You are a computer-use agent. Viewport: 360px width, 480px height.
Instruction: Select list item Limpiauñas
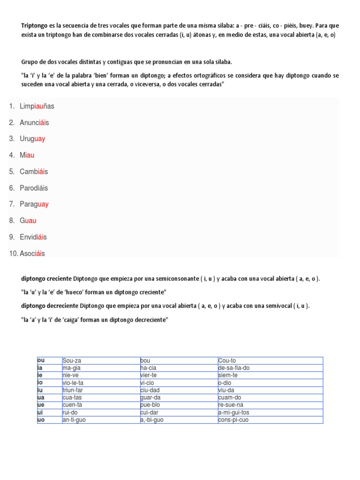pos(37,106)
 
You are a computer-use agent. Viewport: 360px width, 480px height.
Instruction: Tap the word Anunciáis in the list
pos(34,122)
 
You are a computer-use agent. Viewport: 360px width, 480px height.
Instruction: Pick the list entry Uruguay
pos(32,139)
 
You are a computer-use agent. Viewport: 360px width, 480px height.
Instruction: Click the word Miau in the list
pos(27,155)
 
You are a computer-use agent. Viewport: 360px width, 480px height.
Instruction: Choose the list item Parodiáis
pos(34,188)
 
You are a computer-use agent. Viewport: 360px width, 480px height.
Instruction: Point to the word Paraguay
pos(34,204)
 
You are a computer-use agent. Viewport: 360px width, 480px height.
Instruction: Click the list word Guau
pos(28,221)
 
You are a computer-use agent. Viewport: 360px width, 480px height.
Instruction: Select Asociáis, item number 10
pos(32,254)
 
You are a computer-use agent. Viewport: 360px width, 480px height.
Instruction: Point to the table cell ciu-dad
pos(150,390)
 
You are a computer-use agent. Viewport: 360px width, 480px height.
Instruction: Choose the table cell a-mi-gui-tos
pos(234,412)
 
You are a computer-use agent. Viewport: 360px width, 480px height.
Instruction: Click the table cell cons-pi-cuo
pos(233,420)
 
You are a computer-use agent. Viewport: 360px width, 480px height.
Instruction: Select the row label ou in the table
pos(41,360)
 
